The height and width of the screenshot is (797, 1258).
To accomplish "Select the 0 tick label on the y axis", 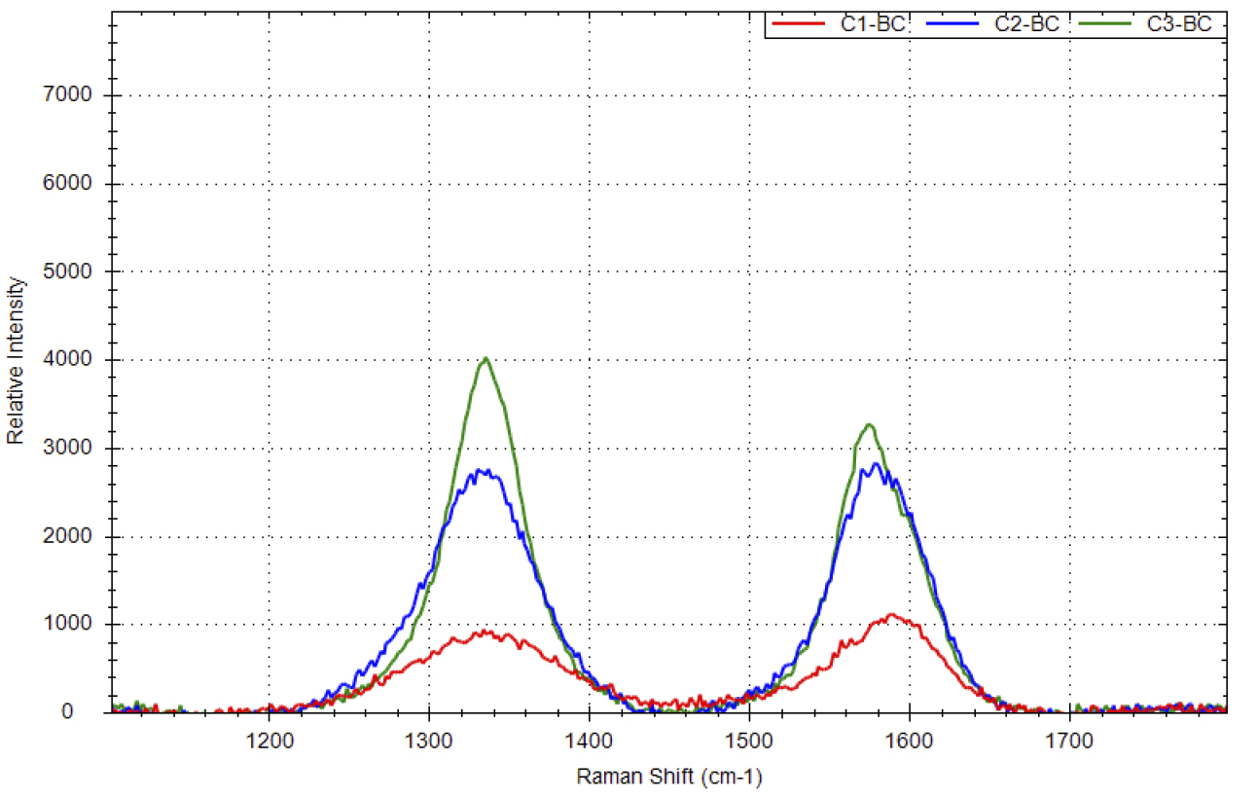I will [x=94, y=712].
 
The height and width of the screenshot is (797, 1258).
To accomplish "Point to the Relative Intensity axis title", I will [x=16, y=360].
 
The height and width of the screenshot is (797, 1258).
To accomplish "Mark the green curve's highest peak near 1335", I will [x=485, y=358].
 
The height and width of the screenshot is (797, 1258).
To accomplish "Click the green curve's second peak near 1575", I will [x=869, y=424].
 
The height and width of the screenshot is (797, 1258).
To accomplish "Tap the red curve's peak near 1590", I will [x=889, y=614].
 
